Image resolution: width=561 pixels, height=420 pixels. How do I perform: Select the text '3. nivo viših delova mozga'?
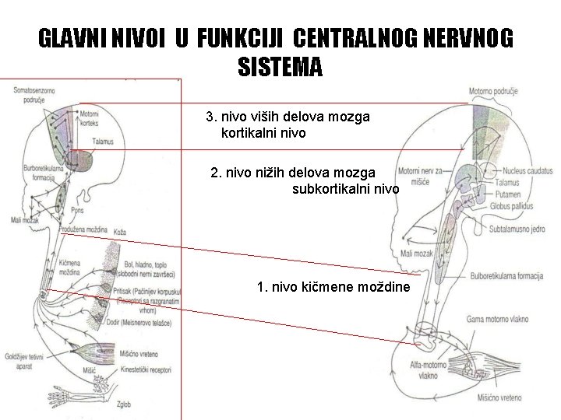point(288,117)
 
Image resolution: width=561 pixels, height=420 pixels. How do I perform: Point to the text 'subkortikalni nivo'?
point(345,188)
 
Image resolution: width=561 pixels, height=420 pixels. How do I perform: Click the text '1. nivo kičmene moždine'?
point(337,289)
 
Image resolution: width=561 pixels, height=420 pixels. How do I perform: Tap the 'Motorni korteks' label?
point(90,117)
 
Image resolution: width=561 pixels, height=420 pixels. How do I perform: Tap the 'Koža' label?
point(119,233)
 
